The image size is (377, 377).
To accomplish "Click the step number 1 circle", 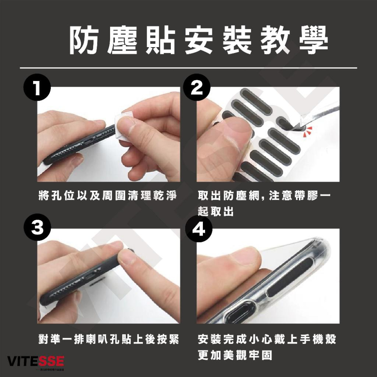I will pos(37,88).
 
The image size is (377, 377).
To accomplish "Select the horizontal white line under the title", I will pos(188,68).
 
